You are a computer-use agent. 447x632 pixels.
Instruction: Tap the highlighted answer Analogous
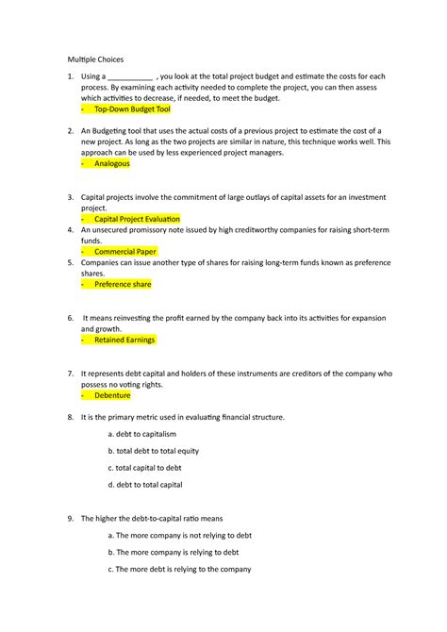point(112,163)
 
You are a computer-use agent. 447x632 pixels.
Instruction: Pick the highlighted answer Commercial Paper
point(124,251)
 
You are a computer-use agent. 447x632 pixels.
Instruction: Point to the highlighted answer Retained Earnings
point(125,340)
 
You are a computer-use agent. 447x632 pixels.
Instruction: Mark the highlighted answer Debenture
point(112,395)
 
